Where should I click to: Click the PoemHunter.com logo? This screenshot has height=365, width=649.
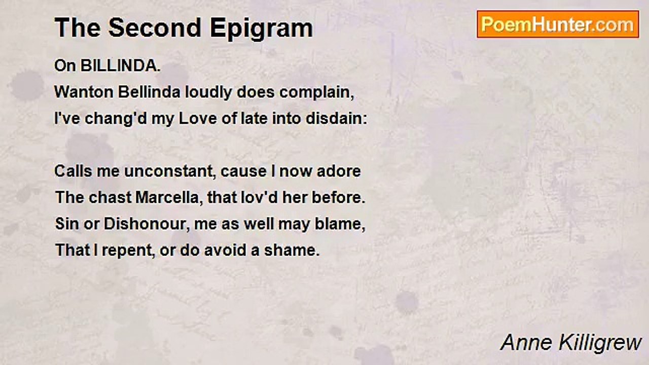pyautogui.click(x=558, y=24)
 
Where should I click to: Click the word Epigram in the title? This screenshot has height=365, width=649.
pyautogui.click(x=261, y=28)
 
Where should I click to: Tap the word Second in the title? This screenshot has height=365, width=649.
pyautogui.click(x=155, y=27)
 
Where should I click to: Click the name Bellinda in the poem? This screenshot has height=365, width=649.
pyautogui.click(x=149, y=92)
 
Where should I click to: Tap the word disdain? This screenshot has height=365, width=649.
pyautogui.click(x=336, y=119)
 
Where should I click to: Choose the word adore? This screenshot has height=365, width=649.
pyautogui.click(x=339, y=171)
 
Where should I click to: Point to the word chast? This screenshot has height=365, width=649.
pyautogui.click(x=110, y=198)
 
